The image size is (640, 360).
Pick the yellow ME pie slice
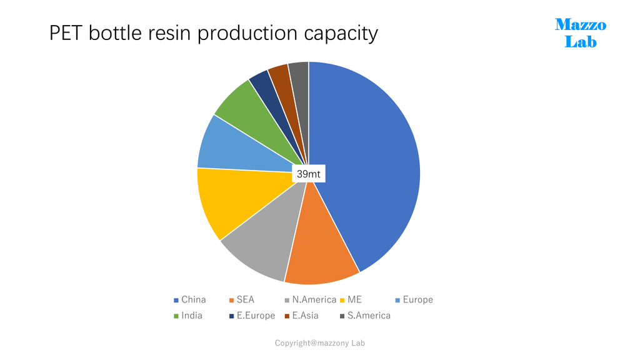tap(237, 200)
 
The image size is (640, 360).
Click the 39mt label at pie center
tap(309, 174)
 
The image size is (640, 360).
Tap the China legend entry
tap(190, 299)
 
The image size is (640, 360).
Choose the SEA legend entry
tap(242, 299)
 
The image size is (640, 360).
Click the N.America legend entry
tap(311, 299)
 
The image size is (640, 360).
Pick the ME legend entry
tap(351, 299)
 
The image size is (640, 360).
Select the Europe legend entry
tap(414, 299)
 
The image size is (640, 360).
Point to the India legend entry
tap(188, 316)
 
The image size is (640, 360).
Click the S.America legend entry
tap(365, 316)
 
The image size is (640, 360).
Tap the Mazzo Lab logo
tap(581, 33)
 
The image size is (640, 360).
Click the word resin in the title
tap(169, 33)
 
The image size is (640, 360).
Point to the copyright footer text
tap(319, 343)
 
